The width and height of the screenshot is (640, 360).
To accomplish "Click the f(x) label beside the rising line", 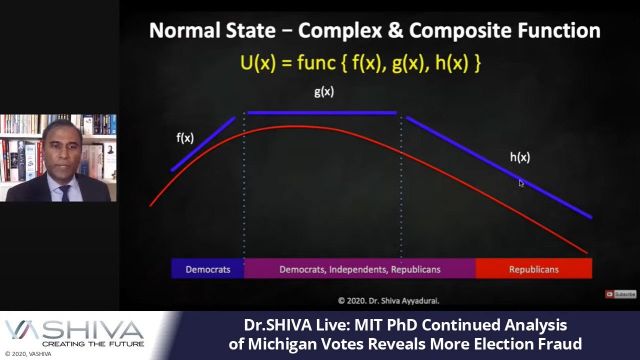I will [184, 138].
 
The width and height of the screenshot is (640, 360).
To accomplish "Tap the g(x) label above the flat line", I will [324, 92].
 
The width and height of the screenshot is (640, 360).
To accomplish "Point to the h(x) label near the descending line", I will [520, 157].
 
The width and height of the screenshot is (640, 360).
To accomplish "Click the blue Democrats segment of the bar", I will [207, 269].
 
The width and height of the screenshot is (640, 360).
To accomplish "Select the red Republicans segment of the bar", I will [533, 269].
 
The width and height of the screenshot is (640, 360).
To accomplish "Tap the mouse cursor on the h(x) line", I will [521, 182].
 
